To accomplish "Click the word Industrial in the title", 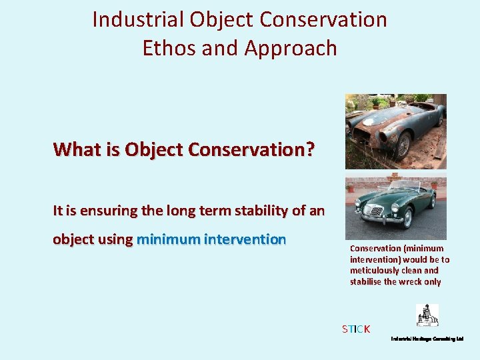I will coord(138,20).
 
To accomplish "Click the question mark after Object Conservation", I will coord(309,149).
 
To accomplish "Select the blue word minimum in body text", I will coord(168,239).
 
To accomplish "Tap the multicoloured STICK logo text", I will coord(356,329).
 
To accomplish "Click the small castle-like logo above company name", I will coord(427,315).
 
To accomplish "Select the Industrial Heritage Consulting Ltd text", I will coord(427,339).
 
